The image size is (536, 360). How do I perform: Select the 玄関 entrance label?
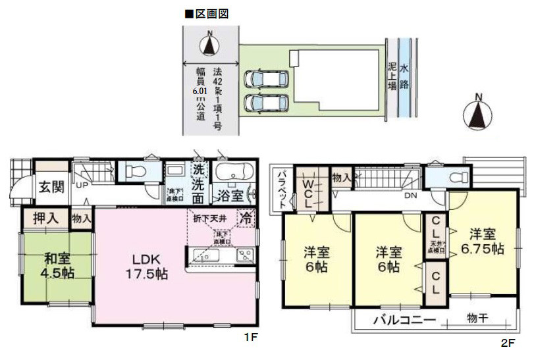(50, 187)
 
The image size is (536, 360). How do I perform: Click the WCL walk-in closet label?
(306, 192)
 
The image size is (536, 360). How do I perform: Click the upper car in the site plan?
(262, 78)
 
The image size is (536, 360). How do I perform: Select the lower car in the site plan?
(262, 103)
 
